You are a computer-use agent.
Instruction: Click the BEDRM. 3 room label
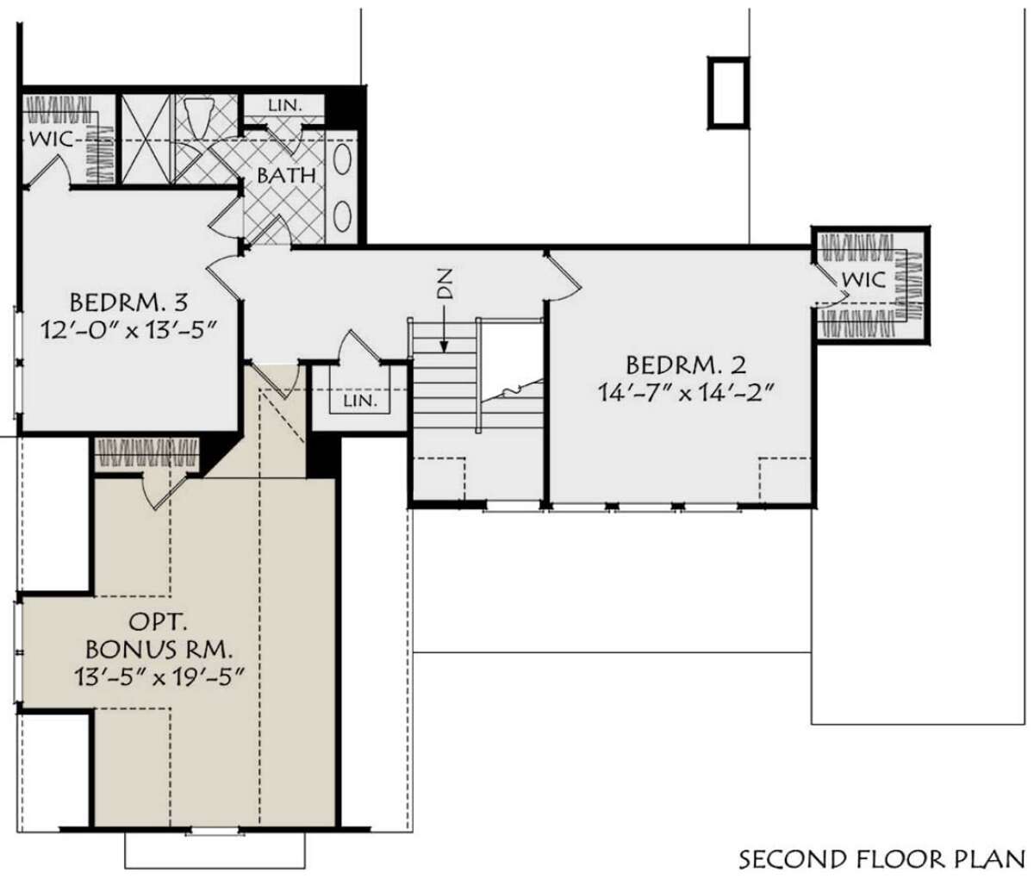129,303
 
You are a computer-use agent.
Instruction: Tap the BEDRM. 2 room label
686,365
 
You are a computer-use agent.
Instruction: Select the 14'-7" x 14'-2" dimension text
682,394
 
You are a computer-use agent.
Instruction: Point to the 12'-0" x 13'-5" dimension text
129,331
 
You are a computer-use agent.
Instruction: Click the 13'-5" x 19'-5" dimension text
159,678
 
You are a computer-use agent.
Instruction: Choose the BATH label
287,176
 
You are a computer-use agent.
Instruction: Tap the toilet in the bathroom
198,117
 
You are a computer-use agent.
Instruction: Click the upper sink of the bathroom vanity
342,159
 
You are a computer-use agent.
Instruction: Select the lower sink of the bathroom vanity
342,216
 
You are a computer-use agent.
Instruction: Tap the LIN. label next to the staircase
360,400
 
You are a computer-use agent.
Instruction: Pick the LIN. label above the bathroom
285,105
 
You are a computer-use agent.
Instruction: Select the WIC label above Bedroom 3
51,139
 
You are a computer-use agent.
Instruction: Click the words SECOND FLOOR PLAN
882,859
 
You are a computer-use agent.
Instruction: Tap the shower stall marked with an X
146,139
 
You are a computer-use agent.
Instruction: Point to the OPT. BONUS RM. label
159,636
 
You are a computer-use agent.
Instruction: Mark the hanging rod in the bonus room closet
147,453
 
